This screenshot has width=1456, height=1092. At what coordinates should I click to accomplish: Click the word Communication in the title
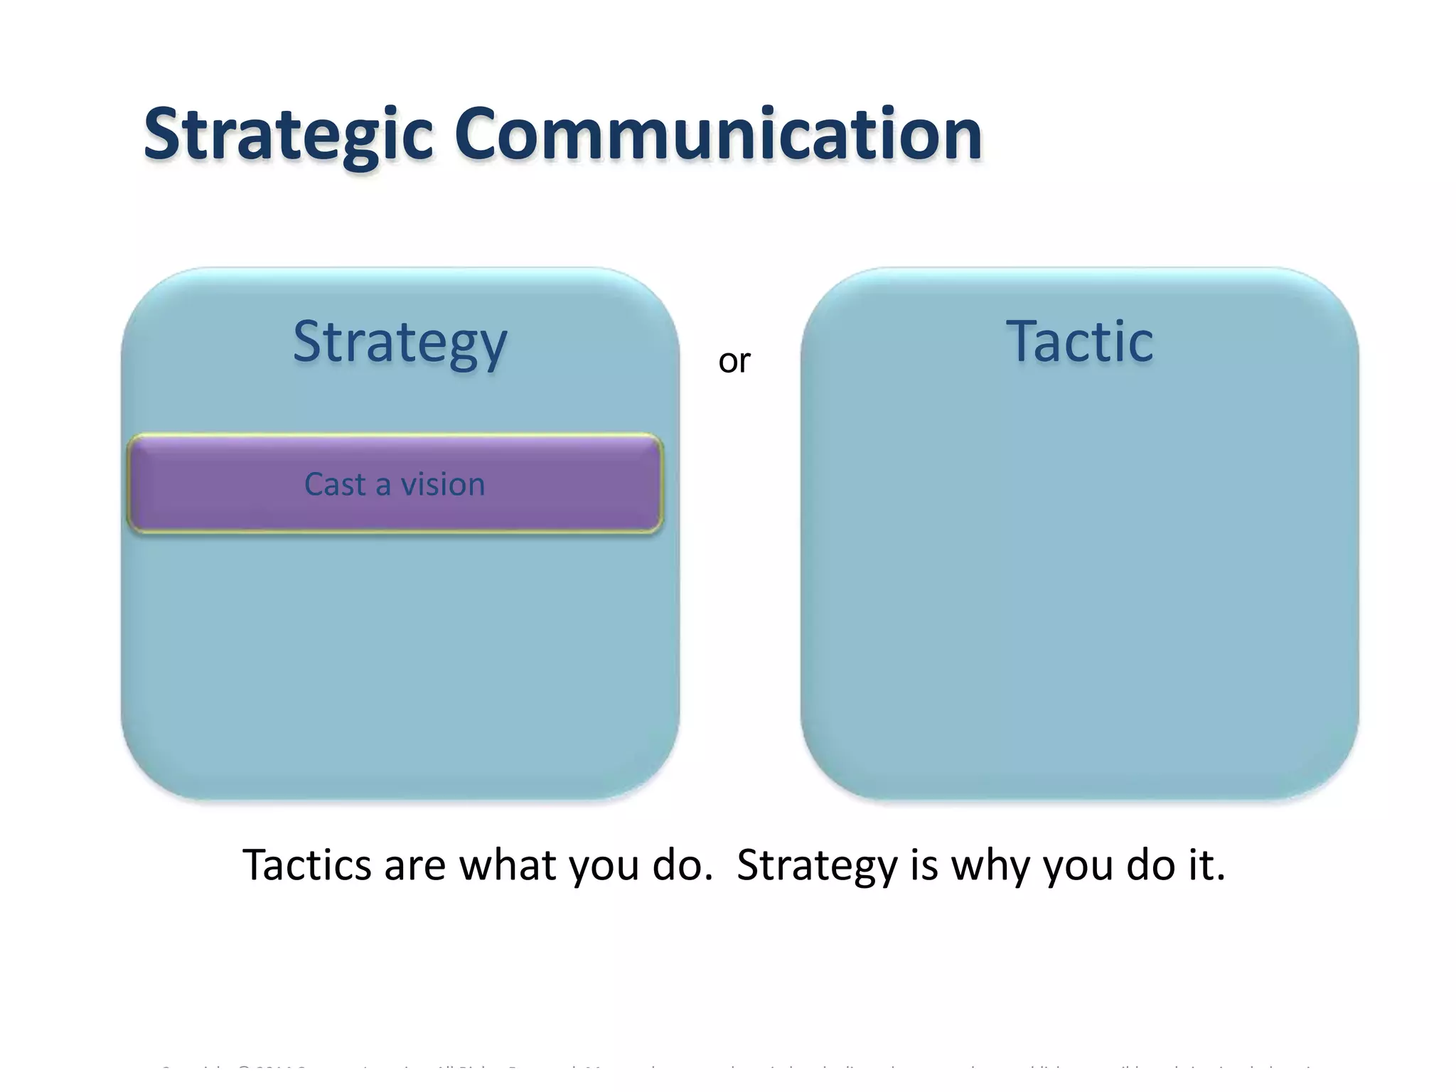718,134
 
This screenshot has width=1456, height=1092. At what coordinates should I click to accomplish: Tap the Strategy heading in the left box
400,343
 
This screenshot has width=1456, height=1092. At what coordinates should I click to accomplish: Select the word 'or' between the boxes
734,362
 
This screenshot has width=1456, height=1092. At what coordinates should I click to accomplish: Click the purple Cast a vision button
395,484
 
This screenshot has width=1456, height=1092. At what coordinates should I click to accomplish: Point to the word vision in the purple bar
443,485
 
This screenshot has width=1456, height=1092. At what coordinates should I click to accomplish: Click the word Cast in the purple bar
335,485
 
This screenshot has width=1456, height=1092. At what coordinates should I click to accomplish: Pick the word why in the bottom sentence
991,867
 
